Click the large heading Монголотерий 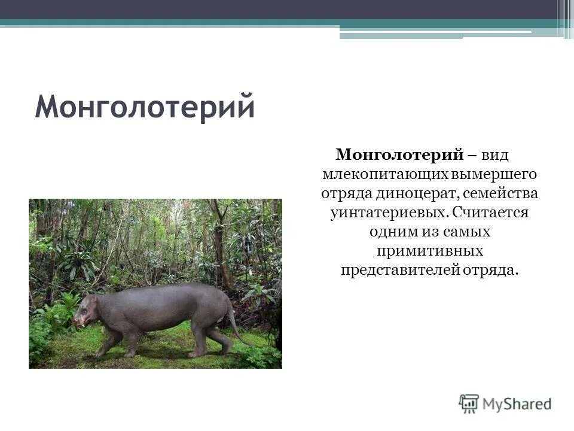click(x=145, y=108)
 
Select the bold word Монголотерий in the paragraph click(x=399, y=156)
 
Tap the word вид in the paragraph click(x=496, y=156)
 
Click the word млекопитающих click(x=374, y=175)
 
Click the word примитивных click(x=430, y=251)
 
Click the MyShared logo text click(x=517, y=404)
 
